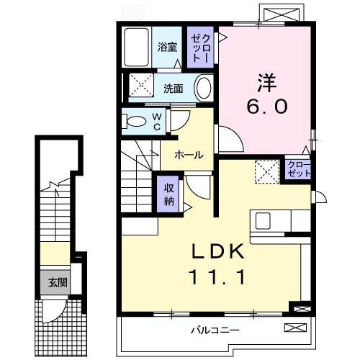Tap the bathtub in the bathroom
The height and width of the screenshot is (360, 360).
(x=135, y=47)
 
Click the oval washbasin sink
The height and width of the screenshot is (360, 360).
(x=204, y=89)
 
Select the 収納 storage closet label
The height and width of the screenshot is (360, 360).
(x=167, y=193)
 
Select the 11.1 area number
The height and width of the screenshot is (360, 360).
(x=217, y=276)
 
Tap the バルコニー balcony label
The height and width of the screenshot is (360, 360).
(x=215, y=330)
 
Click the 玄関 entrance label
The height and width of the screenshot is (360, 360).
(x=58, y=283)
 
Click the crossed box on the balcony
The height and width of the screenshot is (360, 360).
(x=295, y=328)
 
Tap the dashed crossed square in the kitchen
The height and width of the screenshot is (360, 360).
(x=267, y=172)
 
